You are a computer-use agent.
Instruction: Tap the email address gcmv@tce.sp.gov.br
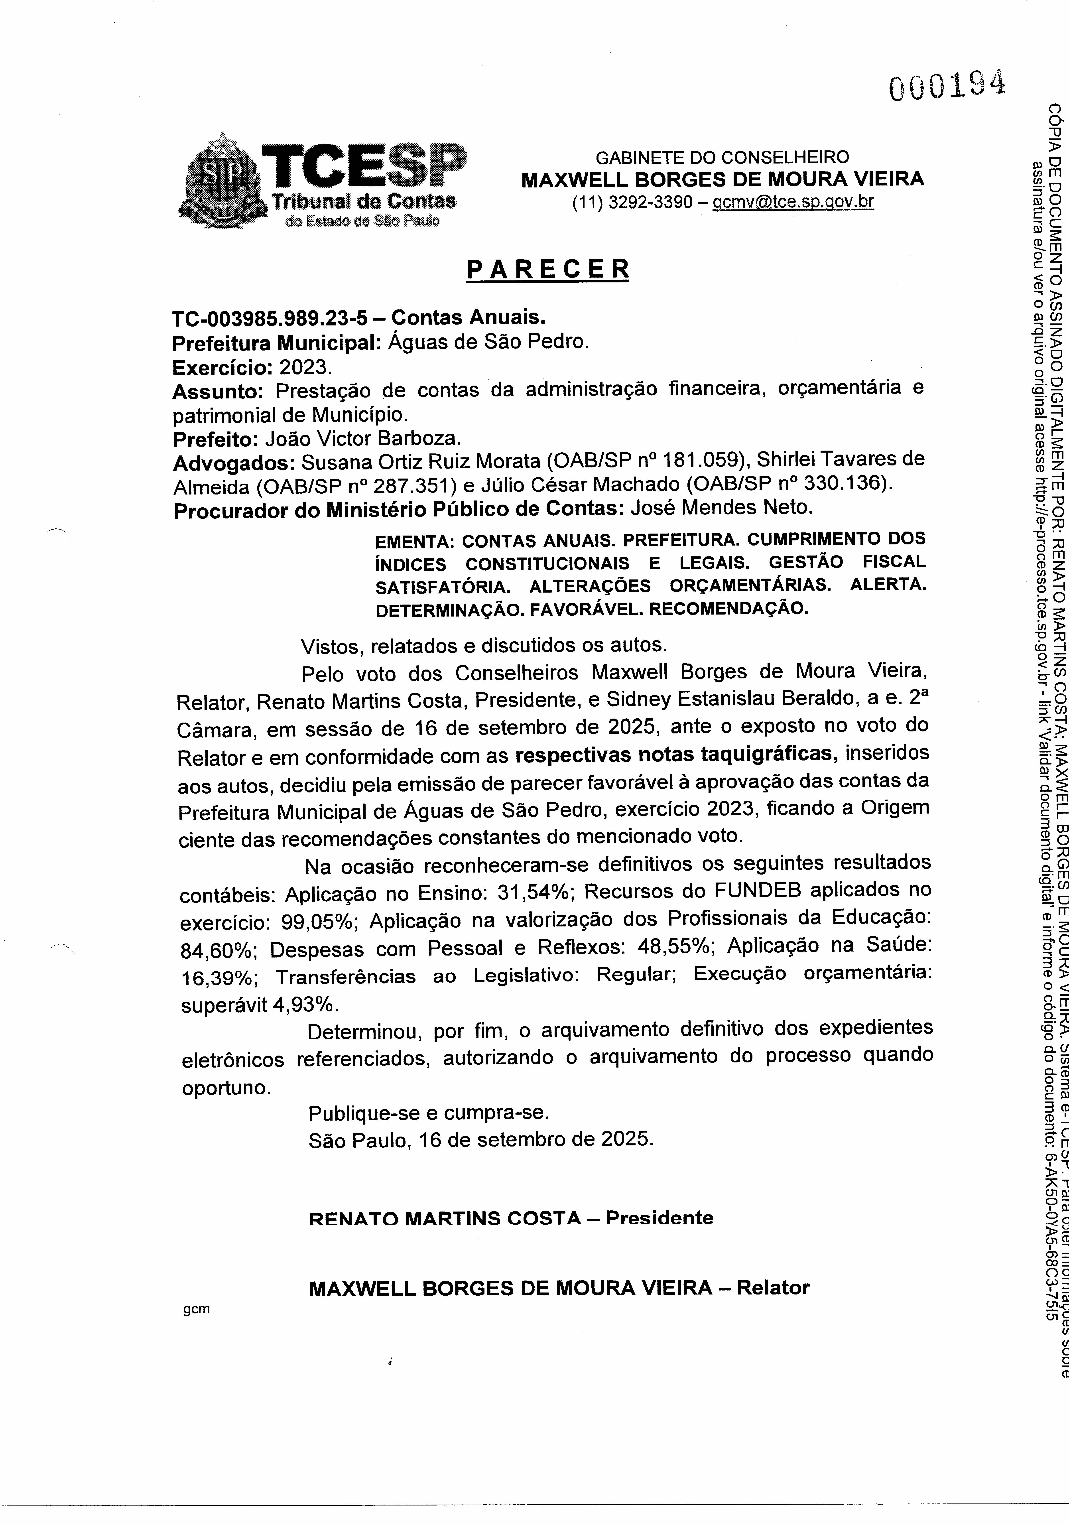coord(793,202)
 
